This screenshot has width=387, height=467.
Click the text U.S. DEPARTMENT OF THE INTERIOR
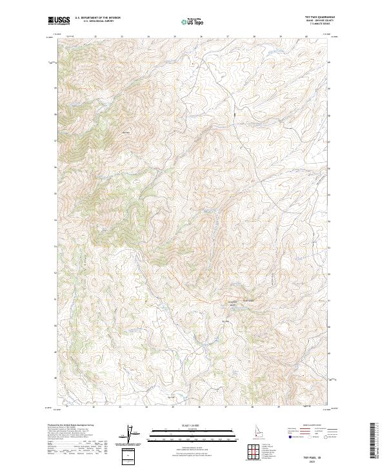97,18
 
